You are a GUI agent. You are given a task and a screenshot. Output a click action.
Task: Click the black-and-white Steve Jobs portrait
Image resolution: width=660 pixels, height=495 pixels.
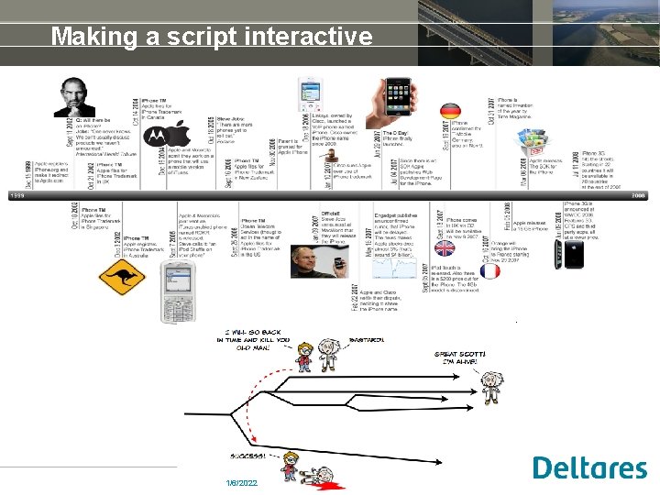(73, 96)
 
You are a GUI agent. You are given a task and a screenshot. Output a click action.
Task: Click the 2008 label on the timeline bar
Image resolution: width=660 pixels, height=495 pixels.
(639, 195)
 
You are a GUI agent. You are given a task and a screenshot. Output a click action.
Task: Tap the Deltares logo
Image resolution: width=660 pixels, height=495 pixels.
(589, 468)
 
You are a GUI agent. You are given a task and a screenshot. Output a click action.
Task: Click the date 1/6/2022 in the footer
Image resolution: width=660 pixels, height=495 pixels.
(242, 482)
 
